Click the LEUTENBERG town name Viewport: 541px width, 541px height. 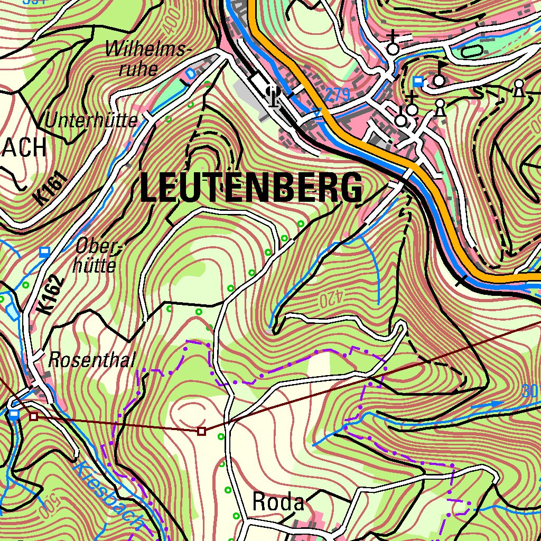(252, 188)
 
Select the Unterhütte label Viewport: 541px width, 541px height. (91, 121)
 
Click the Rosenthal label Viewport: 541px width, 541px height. (92, 360)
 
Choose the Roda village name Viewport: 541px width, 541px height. (278, 502)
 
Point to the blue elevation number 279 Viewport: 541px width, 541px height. (337, 95)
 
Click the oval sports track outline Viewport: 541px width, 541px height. (472, 52)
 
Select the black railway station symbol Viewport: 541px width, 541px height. (274, 96)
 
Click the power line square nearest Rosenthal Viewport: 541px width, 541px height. (34, 416)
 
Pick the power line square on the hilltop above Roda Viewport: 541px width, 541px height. (201, 432)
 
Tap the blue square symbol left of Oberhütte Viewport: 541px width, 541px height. (45, 251)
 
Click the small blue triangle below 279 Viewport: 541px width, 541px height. (317, 111)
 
